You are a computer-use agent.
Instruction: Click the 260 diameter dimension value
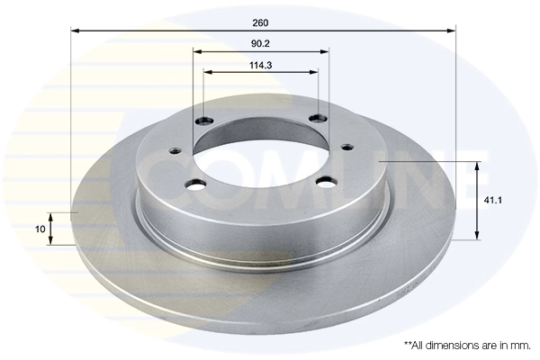point(262,22)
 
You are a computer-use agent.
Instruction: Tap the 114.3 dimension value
point(262,64)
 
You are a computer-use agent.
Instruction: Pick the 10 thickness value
point(40,229)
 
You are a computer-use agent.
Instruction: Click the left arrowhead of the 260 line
point(75,31)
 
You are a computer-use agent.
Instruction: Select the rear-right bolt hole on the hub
point(316,118)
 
